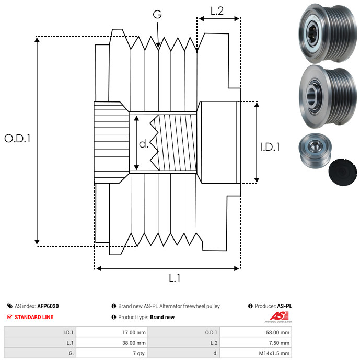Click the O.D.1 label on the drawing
pyautogui.click(x=17, y=138)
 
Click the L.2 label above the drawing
pyautogui.click(x=217, y=11)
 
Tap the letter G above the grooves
pyautogui.click(x=157, y=14)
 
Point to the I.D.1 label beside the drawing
pyautogui.click(x=270, y=147)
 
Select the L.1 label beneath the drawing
pyautogui.click(x=175, y=278)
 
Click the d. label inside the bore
pyautogui.click(x=144, y=144)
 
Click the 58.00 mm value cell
pyautogui.click(x=256, y=332)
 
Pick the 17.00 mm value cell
pyautogui.click(x=112, y=332)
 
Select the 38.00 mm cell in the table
pyautogui.click(x=112, y=343)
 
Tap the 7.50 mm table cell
pyautogui.click(x=256, y=343)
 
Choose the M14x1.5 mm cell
pyautogui.click(x=256, y=353)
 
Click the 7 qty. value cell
pyautogui.click(x=112, y=353)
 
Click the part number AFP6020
pyautogui.click(x=48, y=306)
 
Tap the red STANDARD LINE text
pyautogui.click(x=34, y=317)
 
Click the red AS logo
pyautogui.click(x=279, y=316)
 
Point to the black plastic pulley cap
pyautogui.click(x=343, y=172)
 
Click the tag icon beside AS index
pyautogui.click(x=10, y=306)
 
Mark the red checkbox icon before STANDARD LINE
pyautogui.click(x=9, y=317)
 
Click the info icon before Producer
pyautogui.click(x=250, y=306)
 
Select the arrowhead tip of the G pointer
pyautogui.click(x=158, y=48)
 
